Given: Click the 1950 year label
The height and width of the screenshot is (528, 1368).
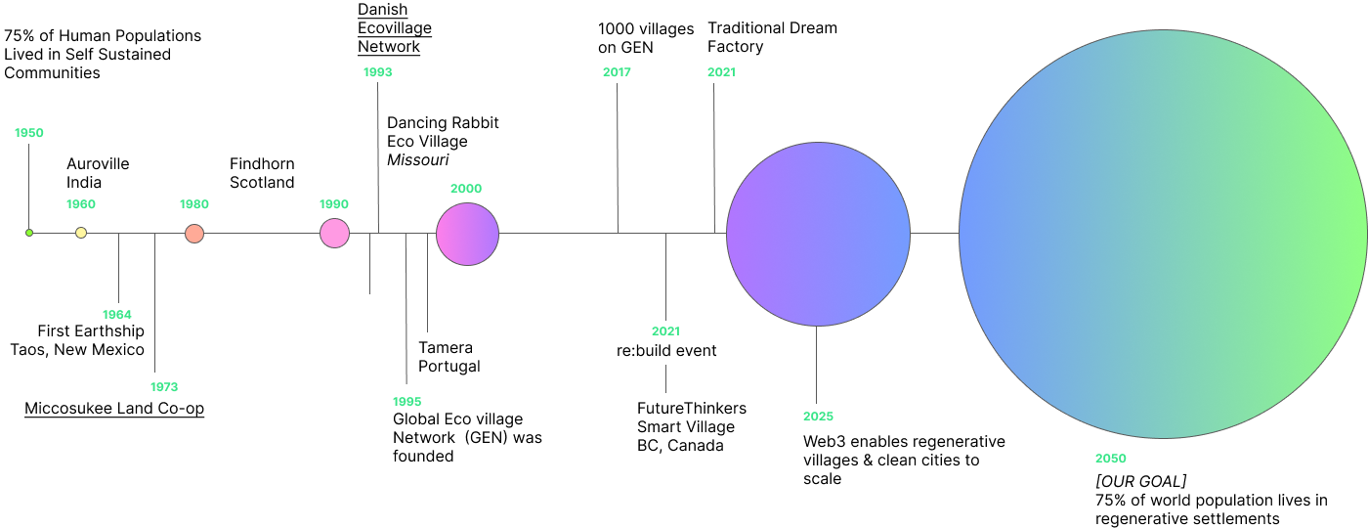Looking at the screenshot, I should [29, 133].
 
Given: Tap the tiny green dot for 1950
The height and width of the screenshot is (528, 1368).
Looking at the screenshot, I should [29, 233].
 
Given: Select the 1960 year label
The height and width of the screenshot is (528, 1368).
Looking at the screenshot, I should [81, 204].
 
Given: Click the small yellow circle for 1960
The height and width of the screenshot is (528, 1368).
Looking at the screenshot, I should [81, 233].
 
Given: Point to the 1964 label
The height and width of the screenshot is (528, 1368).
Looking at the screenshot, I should [117, 315].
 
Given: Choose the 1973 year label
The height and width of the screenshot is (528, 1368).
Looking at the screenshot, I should [164, 387].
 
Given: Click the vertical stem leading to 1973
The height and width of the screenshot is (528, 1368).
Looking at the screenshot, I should [154, 303].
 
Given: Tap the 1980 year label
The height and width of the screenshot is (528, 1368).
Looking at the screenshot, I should [194, 204].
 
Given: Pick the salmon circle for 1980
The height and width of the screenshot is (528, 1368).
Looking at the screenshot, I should [194, 234].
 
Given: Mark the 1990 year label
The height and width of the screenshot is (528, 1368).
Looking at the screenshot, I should [334, 204].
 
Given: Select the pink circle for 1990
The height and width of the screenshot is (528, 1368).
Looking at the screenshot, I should [334, 234].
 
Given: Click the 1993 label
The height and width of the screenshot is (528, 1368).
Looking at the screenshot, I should [377, 72].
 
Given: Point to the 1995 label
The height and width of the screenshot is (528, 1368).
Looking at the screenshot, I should [406, 402].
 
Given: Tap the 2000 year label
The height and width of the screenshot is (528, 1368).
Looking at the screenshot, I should [466, 189].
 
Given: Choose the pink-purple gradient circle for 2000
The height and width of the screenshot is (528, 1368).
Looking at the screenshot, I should [467, 234].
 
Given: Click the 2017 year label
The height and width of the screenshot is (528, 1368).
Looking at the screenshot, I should [617, 72].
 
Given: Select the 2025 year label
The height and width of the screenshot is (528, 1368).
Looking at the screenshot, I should [818, 417].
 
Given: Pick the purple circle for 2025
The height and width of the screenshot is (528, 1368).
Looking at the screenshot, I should [818, 234].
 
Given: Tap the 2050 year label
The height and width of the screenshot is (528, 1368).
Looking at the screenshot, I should [1110, 459].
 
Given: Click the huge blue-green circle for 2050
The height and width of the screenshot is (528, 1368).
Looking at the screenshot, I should [1163, 234].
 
